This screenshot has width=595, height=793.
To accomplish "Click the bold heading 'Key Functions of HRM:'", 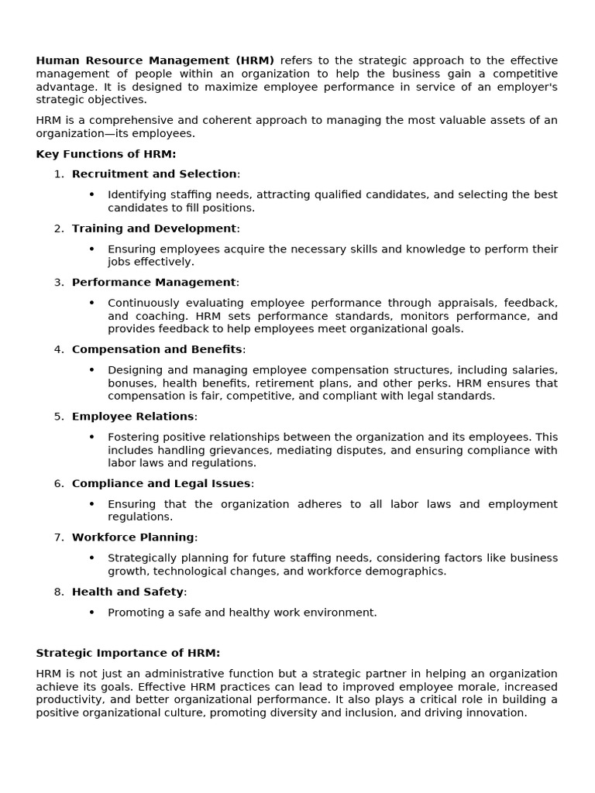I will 106,154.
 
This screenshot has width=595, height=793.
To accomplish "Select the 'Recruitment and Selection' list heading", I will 154,174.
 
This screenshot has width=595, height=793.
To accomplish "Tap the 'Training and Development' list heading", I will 154,228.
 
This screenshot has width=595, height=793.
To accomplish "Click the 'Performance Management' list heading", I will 153,283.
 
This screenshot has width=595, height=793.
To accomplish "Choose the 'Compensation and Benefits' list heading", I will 156,349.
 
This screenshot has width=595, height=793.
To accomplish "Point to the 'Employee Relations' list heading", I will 132,417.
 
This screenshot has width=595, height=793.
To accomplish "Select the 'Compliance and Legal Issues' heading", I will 161,483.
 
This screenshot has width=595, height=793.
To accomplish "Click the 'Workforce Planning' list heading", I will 132,537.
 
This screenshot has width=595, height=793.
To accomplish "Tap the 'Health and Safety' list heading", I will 128,592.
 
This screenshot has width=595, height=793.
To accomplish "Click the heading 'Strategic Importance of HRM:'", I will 128,653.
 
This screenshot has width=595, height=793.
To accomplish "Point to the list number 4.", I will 59,349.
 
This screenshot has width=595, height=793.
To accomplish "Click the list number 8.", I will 59,592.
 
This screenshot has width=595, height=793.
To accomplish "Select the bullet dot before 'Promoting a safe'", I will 91,613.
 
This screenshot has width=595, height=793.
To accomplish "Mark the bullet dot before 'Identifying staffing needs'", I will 91,195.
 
